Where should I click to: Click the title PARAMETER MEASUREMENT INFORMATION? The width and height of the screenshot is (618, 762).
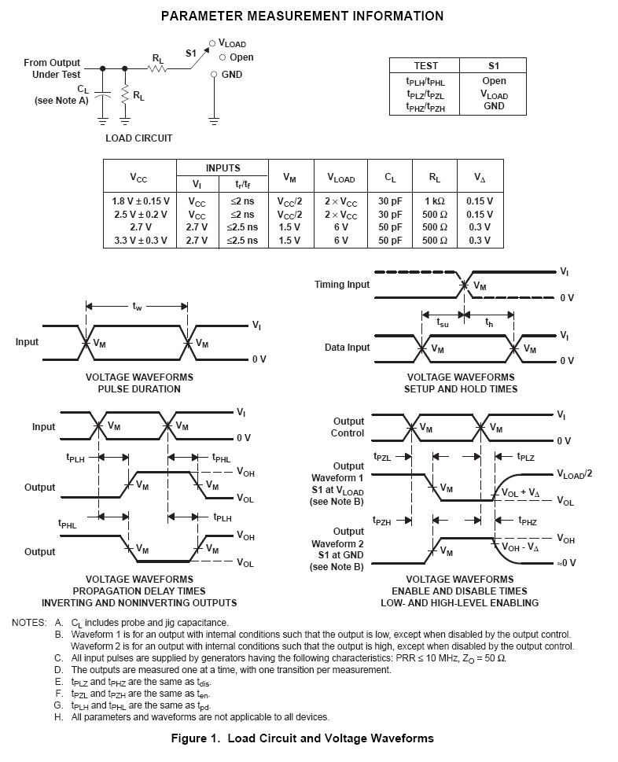(x=302, y=16)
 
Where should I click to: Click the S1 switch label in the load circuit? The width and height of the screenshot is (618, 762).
(x=190, y=53)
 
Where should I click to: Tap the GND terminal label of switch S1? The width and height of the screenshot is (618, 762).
(x=232, y=75)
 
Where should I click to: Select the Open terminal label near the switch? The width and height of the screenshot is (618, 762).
(x=241, y=57)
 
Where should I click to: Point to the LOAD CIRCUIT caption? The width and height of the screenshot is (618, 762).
(x=138, y=138)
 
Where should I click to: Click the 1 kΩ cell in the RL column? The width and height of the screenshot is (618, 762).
(x=435, y=201)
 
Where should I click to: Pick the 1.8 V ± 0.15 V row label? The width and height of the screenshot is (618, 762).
(x=140, y=201)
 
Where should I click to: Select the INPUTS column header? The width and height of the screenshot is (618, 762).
(x=223, y=168)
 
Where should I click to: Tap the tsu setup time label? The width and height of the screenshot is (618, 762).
(x=443, y=322)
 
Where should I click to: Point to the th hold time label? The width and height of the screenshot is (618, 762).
(x=490, y=322)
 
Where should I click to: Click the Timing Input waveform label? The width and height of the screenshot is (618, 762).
(x=342, y=284)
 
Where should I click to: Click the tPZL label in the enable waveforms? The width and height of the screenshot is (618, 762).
(x=382, y=456)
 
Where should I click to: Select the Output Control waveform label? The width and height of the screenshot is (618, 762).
(x=348, y=427)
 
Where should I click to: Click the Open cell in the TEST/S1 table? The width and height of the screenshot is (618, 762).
(x=494, y=81)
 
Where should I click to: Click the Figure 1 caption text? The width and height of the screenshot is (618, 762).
(x=302, y=738)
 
